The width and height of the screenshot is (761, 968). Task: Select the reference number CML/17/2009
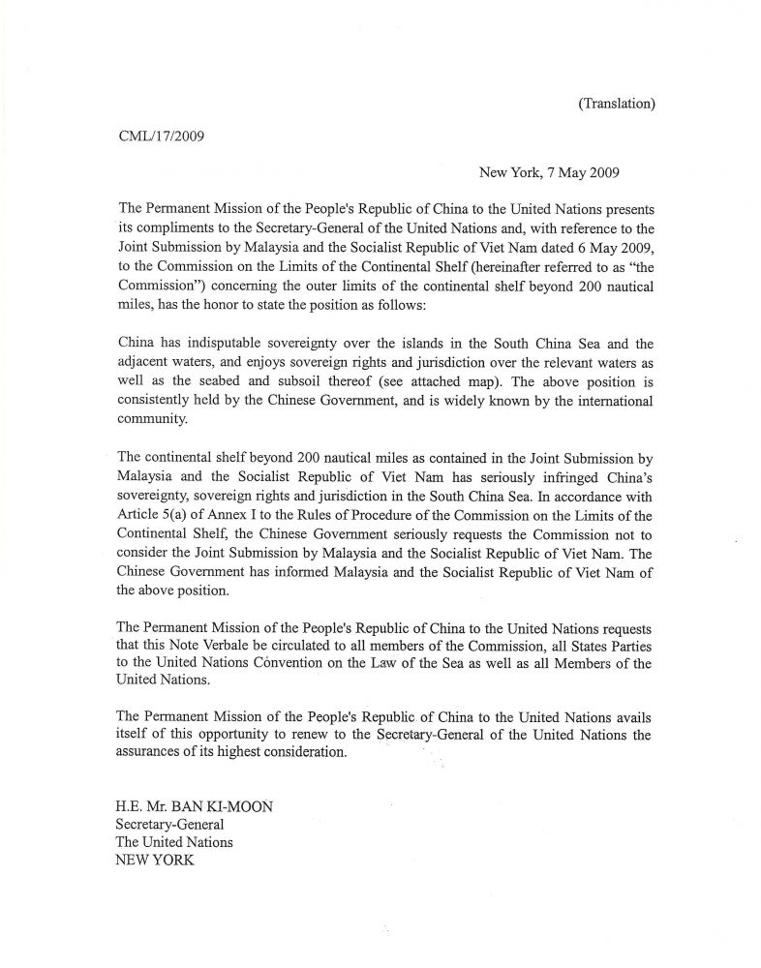click(x=160, y=136)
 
